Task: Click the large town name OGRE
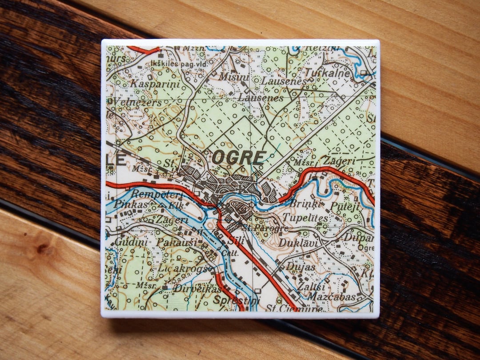pyautogui.click(x=239, y=157)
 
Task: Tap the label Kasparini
pyautogui.click(x=148, y=84)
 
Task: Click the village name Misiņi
pyautogui.click(x=234, y=77)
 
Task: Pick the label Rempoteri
pyautogui.click(x=151, y=194)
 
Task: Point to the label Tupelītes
pyautogui.click(x=305, y=219)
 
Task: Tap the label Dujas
pyautogui.click(x=300, y=267)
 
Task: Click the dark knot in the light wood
pyautogui.click(x=44, y=249)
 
